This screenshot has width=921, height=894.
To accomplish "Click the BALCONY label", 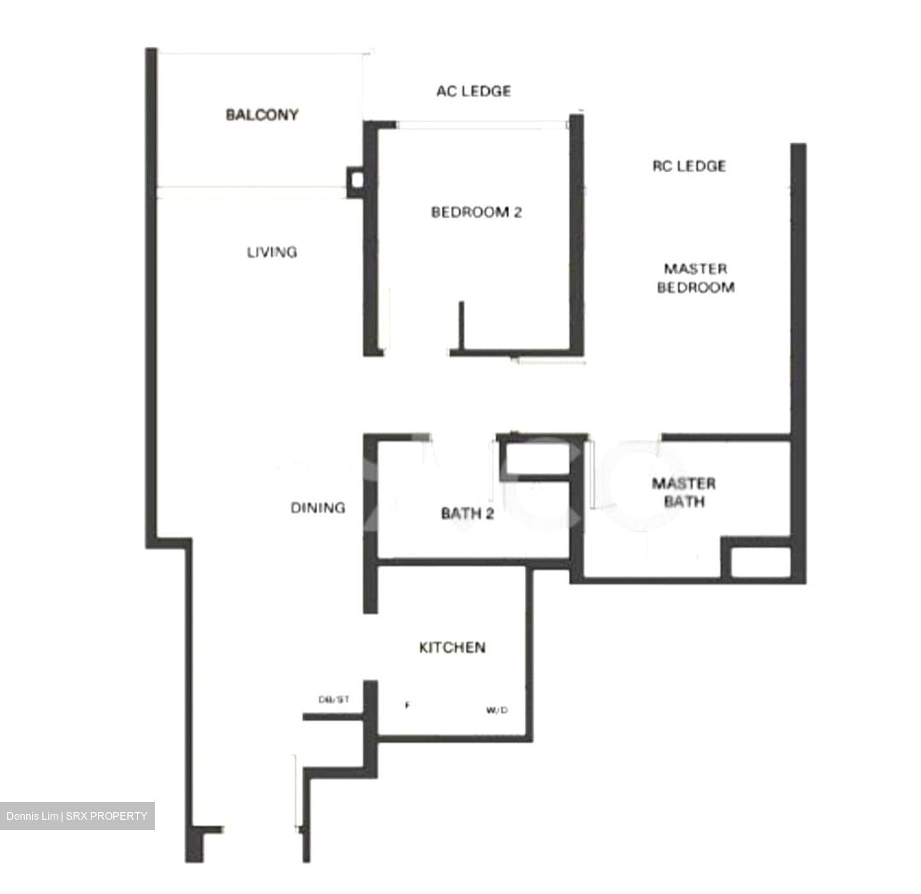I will [x=262, y=115].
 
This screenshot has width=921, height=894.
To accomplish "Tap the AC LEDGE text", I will [x=473, y=91].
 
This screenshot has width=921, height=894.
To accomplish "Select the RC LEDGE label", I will [x=689, y=166].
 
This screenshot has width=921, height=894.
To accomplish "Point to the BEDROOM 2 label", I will [x=476, y=212].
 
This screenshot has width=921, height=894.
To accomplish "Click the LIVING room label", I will [x=272, y=252].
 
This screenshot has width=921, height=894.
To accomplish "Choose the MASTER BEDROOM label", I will [x=695, y=278].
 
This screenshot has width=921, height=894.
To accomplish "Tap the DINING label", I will [x=318, y=508].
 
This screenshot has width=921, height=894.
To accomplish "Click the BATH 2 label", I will [x=468, y=513].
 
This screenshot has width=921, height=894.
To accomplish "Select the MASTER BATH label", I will [x=684, y=492].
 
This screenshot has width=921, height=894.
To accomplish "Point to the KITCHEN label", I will [x=452, y=648].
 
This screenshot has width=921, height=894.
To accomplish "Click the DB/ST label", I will [x=334, y=700].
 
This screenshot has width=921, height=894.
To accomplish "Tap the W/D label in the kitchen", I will [x=497, y=710].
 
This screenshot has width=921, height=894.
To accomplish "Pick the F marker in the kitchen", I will [x=407, y=706].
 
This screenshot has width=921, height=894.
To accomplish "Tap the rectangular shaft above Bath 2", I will [x=535, y=457].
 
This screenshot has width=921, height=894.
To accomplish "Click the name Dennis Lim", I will [x=32, y=816].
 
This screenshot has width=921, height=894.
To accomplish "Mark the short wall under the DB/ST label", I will [x=333, y=717].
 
